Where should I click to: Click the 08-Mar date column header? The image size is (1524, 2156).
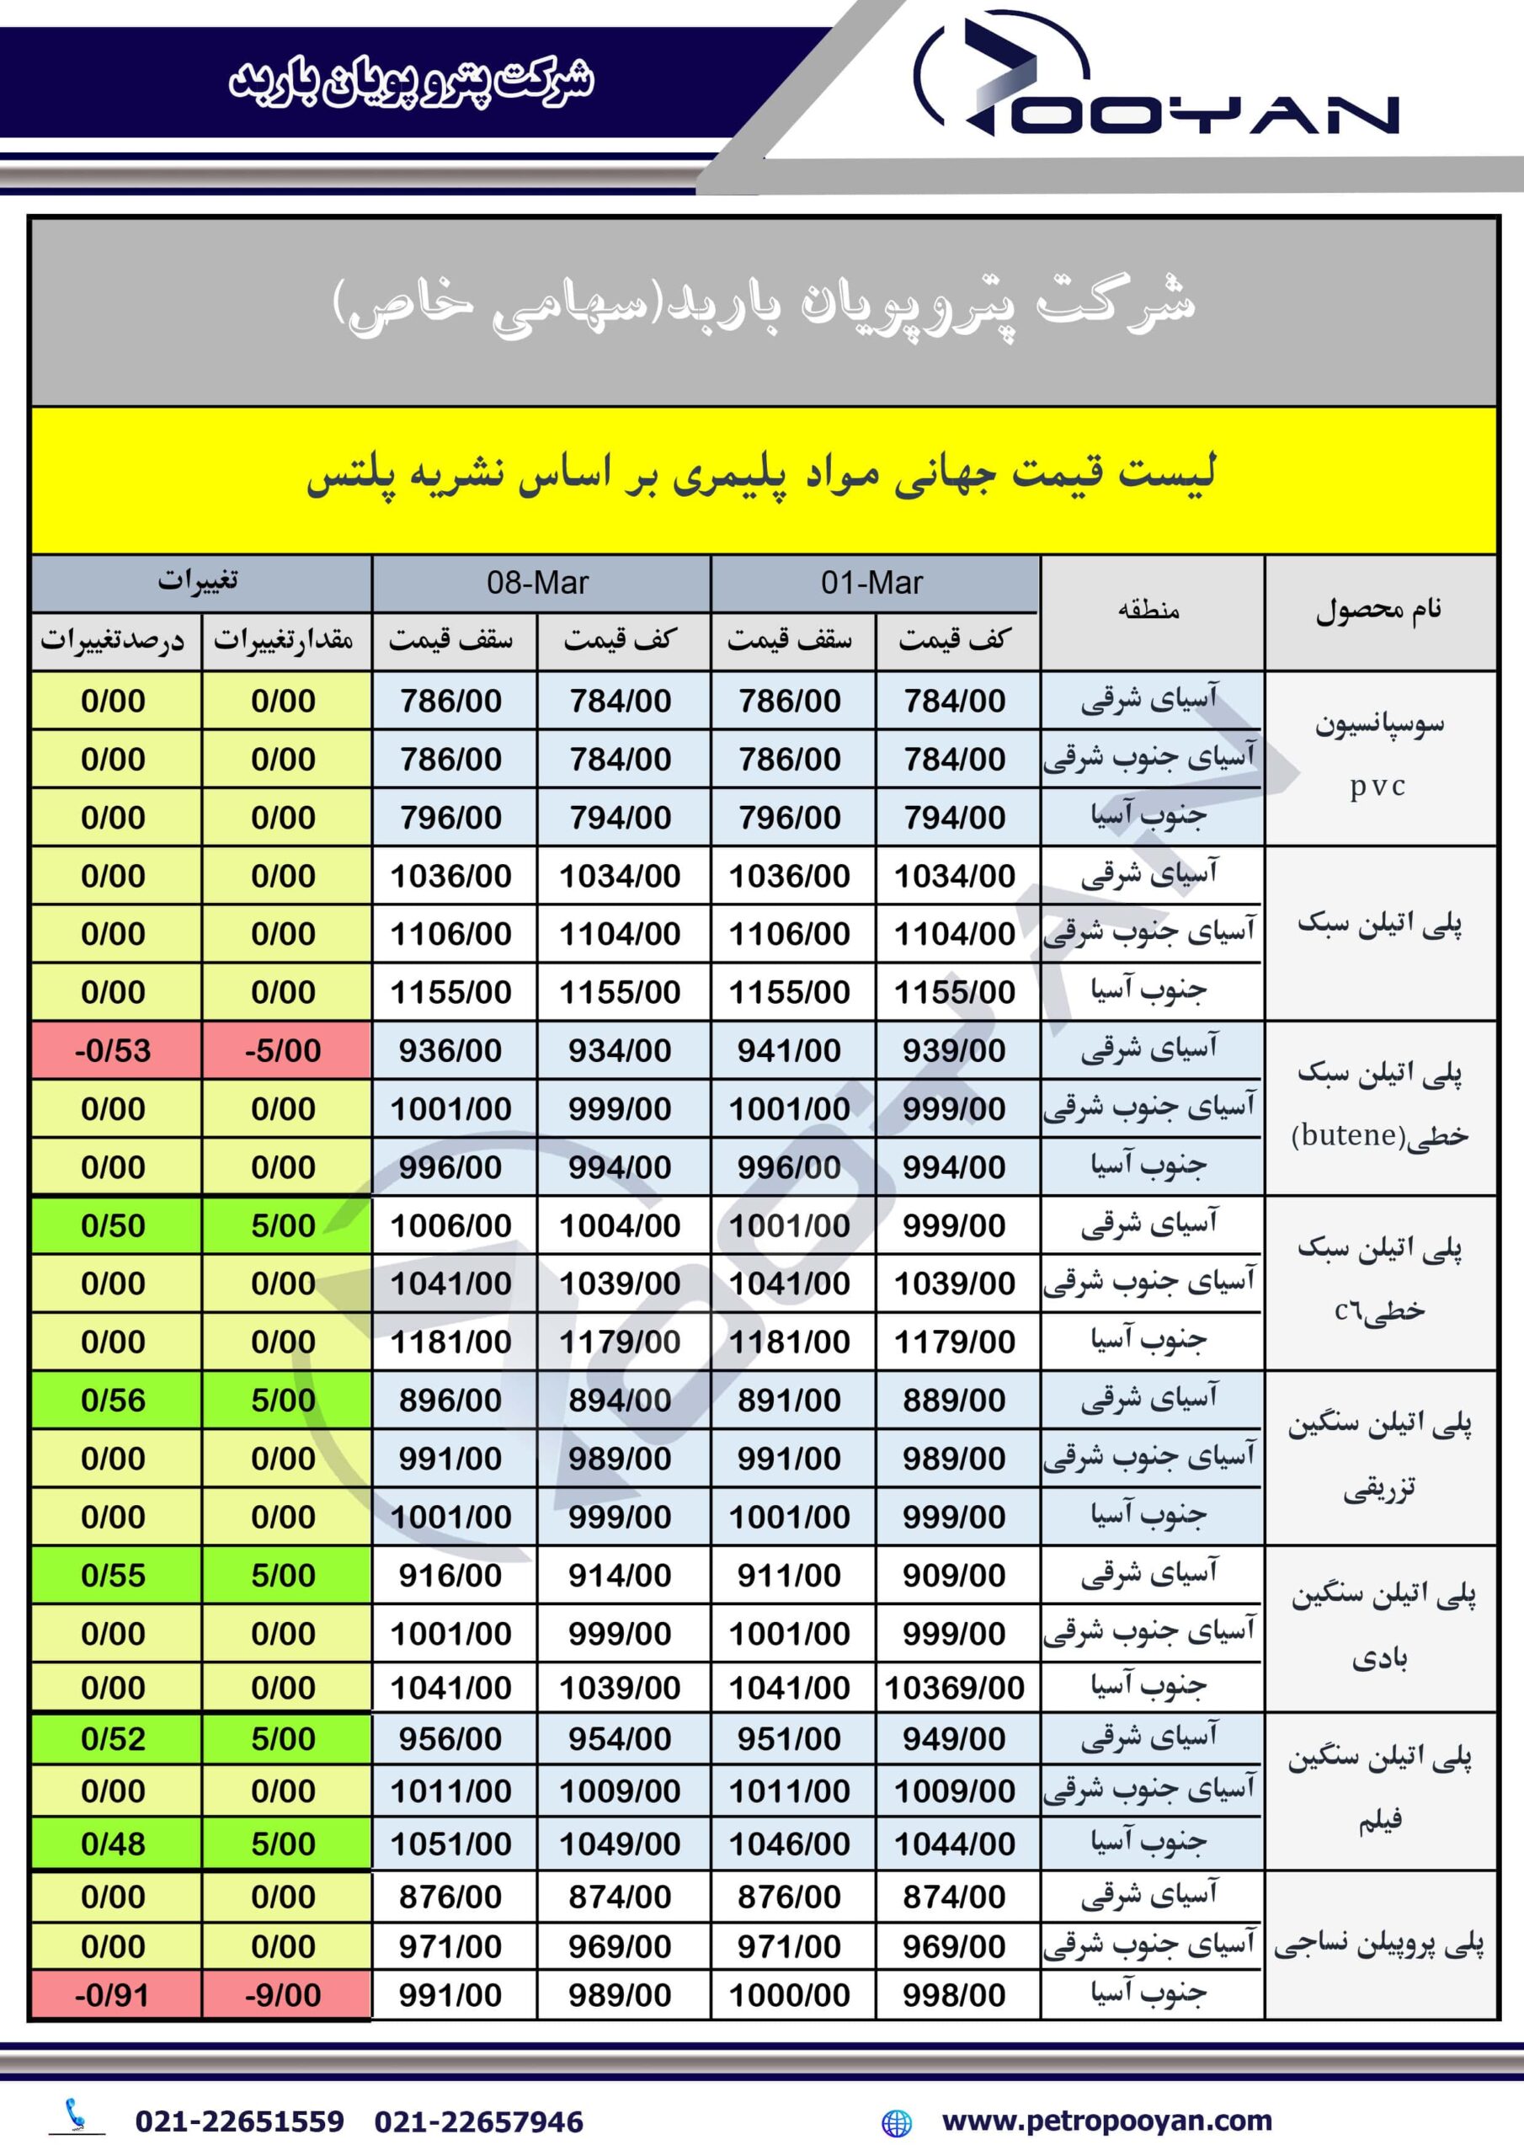click(538, 583)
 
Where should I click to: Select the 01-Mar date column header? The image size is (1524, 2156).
click(872, 583)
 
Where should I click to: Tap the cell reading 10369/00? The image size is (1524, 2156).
click(954, 1688)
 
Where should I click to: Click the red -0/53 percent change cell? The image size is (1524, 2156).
click(114, 1050)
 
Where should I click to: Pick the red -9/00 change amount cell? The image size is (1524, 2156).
click(284, 1994)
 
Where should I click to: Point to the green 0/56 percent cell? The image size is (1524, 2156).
click(114, 1400)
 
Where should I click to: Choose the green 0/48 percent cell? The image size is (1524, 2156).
click(114, 1844)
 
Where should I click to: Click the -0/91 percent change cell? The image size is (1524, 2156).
click(114, 1994)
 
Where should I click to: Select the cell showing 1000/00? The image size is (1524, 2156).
click(790, 1994)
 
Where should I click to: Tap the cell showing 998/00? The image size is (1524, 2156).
click(954, 1994)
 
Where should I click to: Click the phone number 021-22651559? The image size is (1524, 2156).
click(239, 2121)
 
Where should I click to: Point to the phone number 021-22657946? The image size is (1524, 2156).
click(479, 2121)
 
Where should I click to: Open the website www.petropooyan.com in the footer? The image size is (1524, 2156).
click(1107, 2121)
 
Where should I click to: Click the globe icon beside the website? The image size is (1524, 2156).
click(897, 2122)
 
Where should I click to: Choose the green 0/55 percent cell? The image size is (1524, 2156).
click(114, 1575)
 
